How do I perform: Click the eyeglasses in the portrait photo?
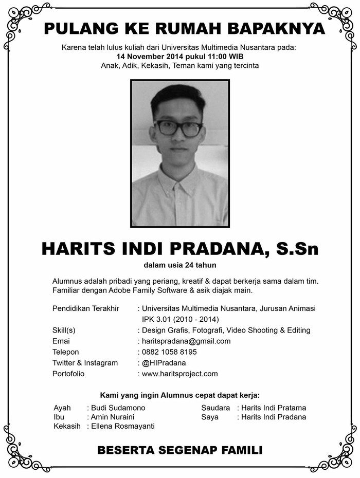[178, 128]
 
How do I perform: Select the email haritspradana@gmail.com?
[186, 341]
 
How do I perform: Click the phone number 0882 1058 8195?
[169, 352]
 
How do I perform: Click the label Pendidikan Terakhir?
[86, 308]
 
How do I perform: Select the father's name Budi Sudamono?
[118, 408]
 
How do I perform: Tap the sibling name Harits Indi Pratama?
[274, 408]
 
